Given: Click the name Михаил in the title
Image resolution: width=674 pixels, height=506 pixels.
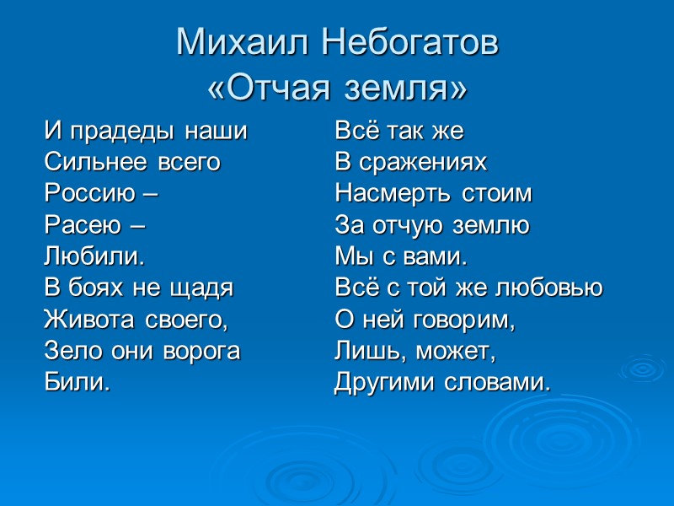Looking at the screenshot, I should click(239, 43).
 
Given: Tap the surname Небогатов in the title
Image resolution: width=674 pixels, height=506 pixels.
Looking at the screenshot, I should click(404, 43).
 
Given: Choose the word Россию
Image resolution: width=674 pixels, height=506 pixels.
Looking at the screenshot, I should click(89, 194).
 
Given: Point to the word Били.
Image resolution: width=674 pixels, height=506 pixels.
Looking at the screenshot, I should click(77, 382).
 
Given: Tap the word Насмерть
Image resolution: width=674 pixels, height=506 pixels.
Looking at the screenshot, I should click(394, 194).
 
